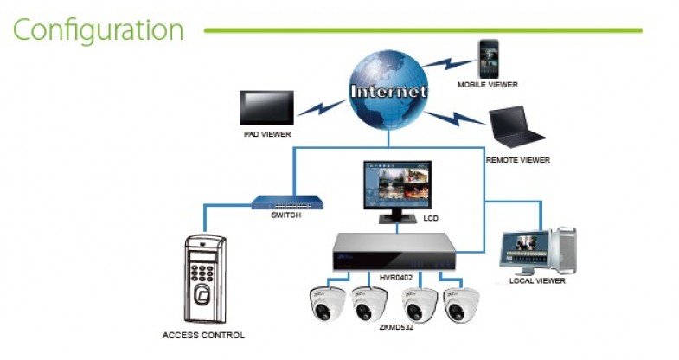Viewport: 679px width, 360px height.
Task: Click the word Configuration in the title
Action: pyautogui.click(x=98, y=30)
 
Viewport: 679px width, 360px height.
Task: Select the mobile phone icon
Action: pyautogui.click(x=489, y=57)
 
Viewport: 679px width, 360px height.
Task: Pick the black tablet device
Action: pyautogui.click(x=269, y=108)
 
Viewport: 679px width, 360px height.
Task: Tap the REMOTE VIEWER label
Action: pyautogui.click(x=517, y=160)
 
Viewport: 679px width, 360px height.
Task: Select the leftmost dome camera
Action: pyautogui.click(x=328, y=303)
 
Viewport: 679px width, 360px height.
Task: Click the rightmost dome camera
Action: pyautogui.click(x=461, y=304)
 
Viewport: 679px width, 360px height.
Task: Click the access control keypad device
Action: pyautogui.click(x=205, y=277)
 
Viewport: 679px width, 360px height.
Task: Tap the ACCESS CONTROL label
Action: pyautogui.click(x=203, y=335)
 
